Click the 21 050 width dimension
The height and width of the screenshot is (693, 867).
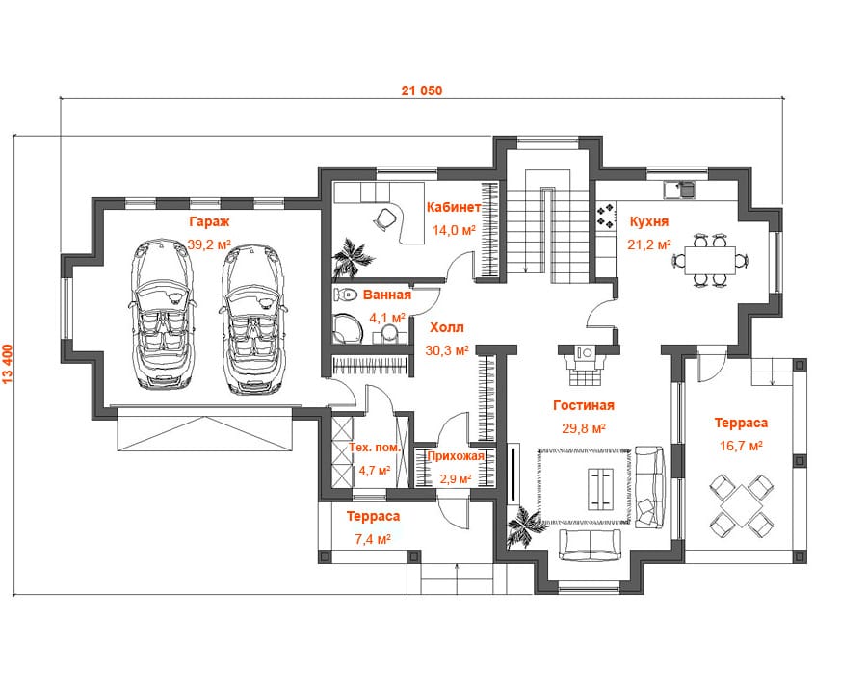(x=422, y=90)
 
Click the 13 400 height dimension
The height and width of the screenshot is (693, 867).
(x=9, y=364)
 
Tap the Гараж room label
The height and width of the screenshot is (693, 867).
(x=209, y=221)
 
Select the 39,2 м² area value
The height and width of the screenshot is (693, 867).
(x=209, y=244)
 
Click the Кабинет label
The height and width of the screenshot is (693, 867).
(x=454, y=207)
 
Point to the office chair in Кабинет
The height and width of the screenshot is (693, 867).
(x=386, y=218)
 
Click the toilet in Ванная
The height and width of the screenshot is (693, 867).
(x=346, y=295)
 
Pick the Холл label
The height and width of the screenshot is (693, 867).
(x=447, y=327)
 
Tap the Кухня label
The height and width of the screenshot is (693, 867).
(x=649, y=221)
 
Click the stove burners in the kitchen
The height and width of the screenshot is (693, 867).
(x=606, y=216)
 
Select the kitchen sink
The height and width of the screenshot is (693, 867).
(x=679, y=190)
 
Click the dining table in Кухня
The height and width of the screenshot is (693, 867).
(x=710, y=260)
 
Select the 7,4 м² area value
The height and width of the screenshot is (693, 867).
(x=373, y=539)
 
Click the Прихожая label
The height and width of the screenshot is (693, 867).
(x=456, y=456)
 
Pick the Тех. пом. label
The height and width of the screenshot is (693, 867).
(x=375, y=447)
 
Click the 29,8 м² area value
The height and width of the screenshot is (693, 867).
(x=584, y=428)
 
